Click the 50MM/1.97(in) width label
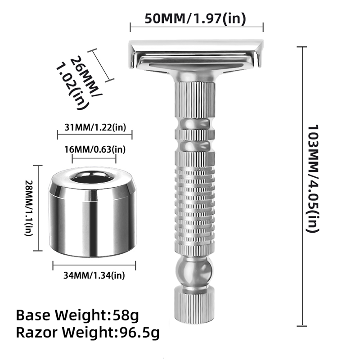pos(196,19)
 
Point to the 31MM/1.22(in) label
pos(95,127)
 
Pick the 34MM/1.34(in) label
pos(95,275)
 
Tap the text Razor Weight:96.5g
pos(88,333)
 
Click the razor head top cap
pos(196,47)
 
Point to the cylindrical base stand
pos(92,216)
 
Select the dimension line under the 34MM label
pos(95,265)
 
